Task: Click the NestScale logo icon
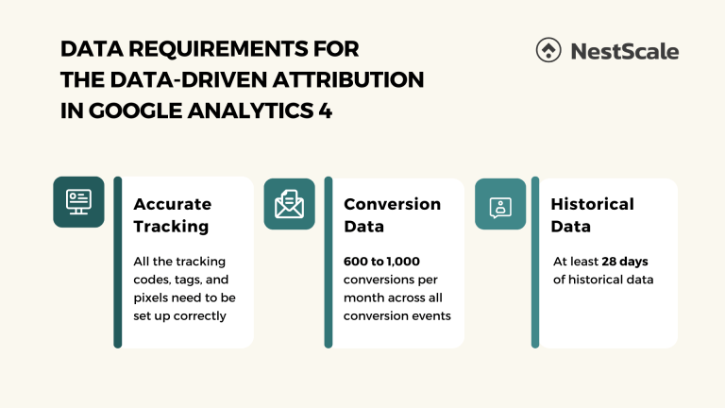pos(548,51)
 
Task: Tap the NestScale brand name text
pos(624,51)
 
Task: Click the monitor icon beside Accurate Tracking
pos(78,201)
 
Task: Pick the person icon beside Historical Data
pos(500,204)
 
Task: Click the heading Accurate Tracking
pos(172,215)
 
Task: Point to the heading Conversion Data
pos(392,215)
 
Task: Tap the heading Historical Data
pos(592,215)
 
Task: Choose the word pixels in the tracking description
pos(154,297)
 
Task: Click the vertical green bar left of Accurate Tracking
pos(118,262)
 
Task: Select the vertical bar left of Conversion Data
pos(329,262)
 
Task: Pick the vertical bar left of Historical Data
pos(535,262)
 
